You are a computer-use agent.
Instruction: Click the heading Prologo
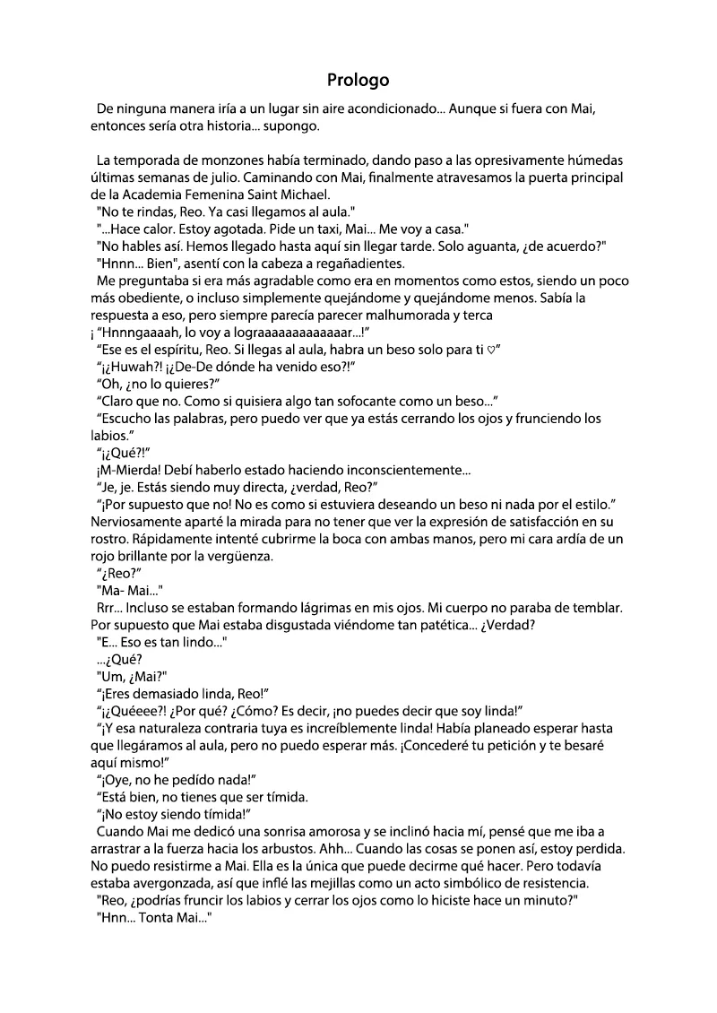point(358,80)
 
